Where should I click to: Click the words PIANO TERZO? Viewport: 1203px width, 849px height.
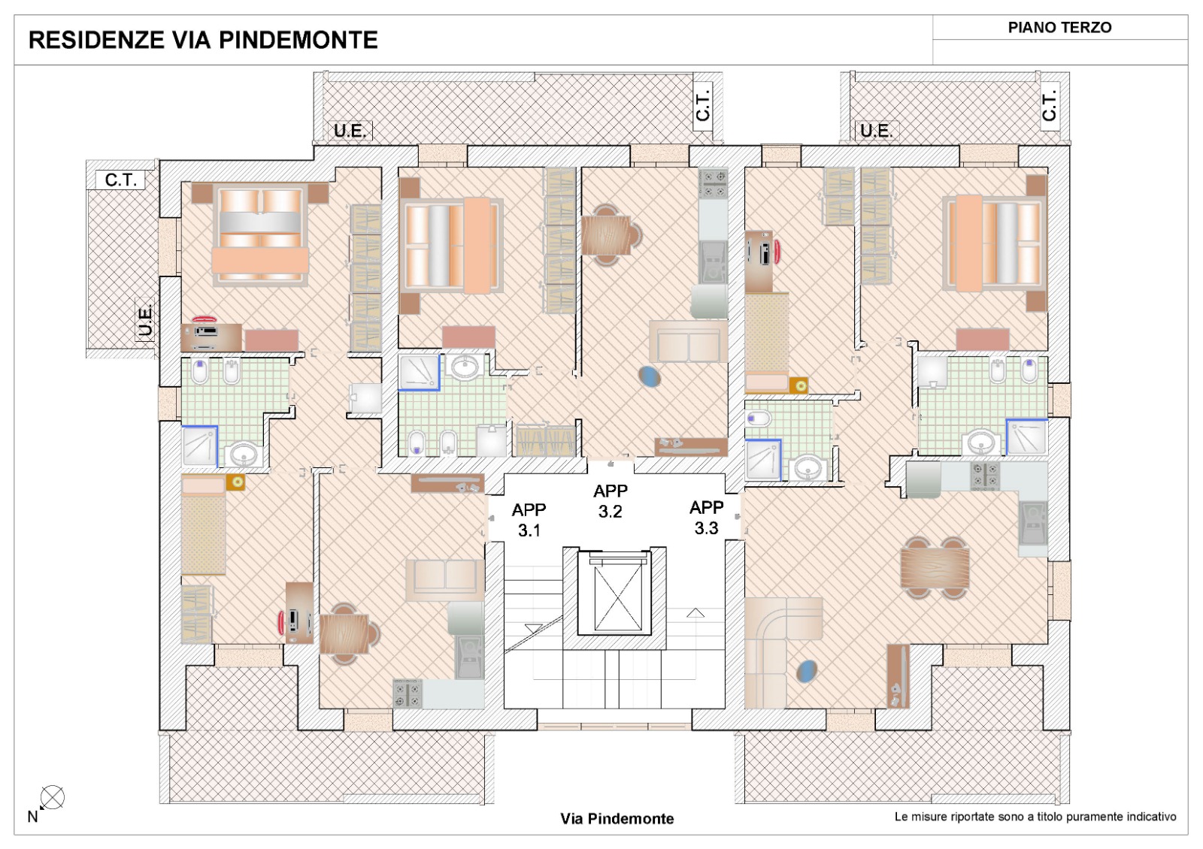pyautogui.click(x=1059, y=27)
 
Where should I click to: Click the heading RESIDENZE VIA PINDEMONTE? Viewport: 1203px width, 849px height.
pyautogui.click(x=203, y=41)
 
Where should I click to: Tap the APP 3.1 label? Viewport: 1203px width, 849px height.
pyautogui.click(x=529, y=519)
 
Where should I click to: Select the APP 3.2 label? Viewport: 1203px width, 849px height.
pyautogui.click(x=610, y=500)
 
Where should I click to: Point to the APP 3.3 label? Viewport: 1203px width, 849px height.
pyautogui.click(x=706, y=518)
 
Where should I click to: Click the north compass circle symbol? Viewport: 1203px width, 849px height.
pyautogui.click(x=52, y=797)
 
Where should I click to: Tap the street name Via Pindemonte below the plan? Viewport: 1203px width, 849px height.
pyautogui.click(x=617, y=818)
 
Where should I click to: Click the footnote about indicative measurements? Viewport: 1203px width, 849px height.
pyautogui.click(x=1035, y=817)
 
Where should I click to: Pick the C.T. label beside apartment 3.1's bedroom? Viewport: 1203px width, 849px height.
pyautogui.click(x=120, y=180)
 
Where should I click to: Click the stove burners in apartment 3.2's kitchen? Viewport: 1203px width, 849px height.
pyautogui.click(x=714, y=183)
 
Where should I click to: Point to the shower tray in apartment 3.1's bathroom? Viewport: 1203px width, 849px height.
pyautogui.click(x=200, y=446)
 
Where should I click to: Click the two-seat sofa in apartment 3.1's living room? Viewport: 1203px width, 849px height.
pyautogui.click(x=445, y=580)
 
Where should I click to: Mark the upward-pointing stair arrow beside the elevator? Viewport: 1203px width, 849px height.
pyautogui.click(x=695, y=612)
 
